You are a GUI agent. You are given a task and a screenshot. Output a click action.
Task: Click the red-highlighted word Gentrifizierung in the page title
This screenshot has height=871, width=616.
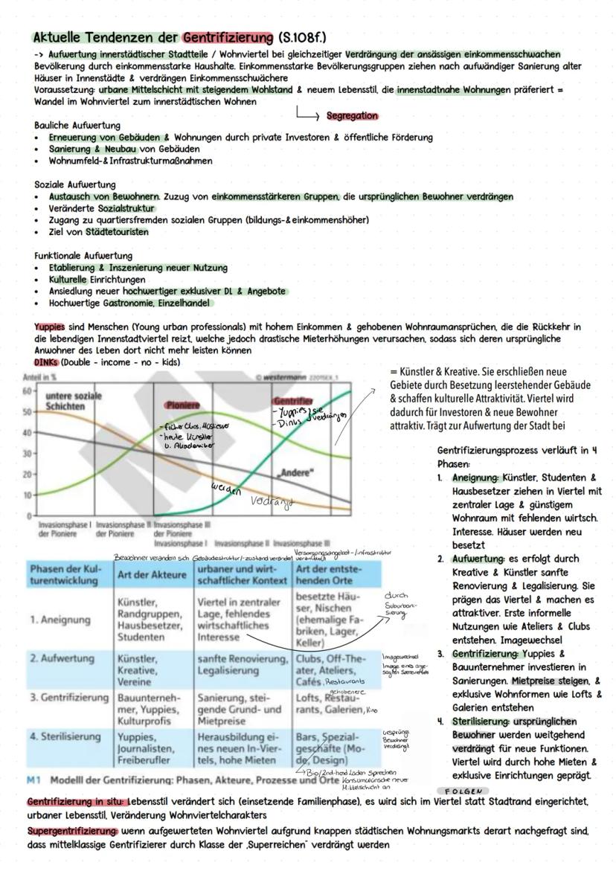click(x=227, y=37)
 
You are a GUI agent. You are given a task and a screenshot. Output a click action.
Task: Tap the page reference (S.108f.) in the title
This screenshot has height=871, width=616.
click(x=302, y=37)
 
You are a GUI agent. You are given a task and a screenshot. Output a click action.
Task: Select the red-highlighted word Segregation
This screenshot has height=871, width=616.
click(x=353, y=116)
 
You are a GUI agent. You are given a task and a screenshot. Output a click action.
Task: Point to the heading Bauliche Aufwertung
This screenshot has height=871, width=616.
click(x=77, y=125)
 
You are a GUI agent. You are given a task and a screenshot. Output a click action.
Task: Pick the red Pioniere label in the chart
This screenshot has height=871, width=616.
click(x=183, y=405)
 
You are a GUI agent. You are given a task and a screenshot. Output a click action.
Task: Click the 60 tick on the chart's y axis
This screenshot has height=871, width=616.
click(x=26, y=390)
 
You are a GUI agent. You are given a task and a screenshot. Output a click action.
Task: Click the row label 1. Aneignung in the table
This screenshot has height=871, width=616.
click(x=60, y=620)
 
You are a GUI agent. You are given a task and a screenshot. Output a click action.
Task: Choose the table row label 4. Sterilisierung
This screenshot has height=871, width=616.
click(x=65, y=736)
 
